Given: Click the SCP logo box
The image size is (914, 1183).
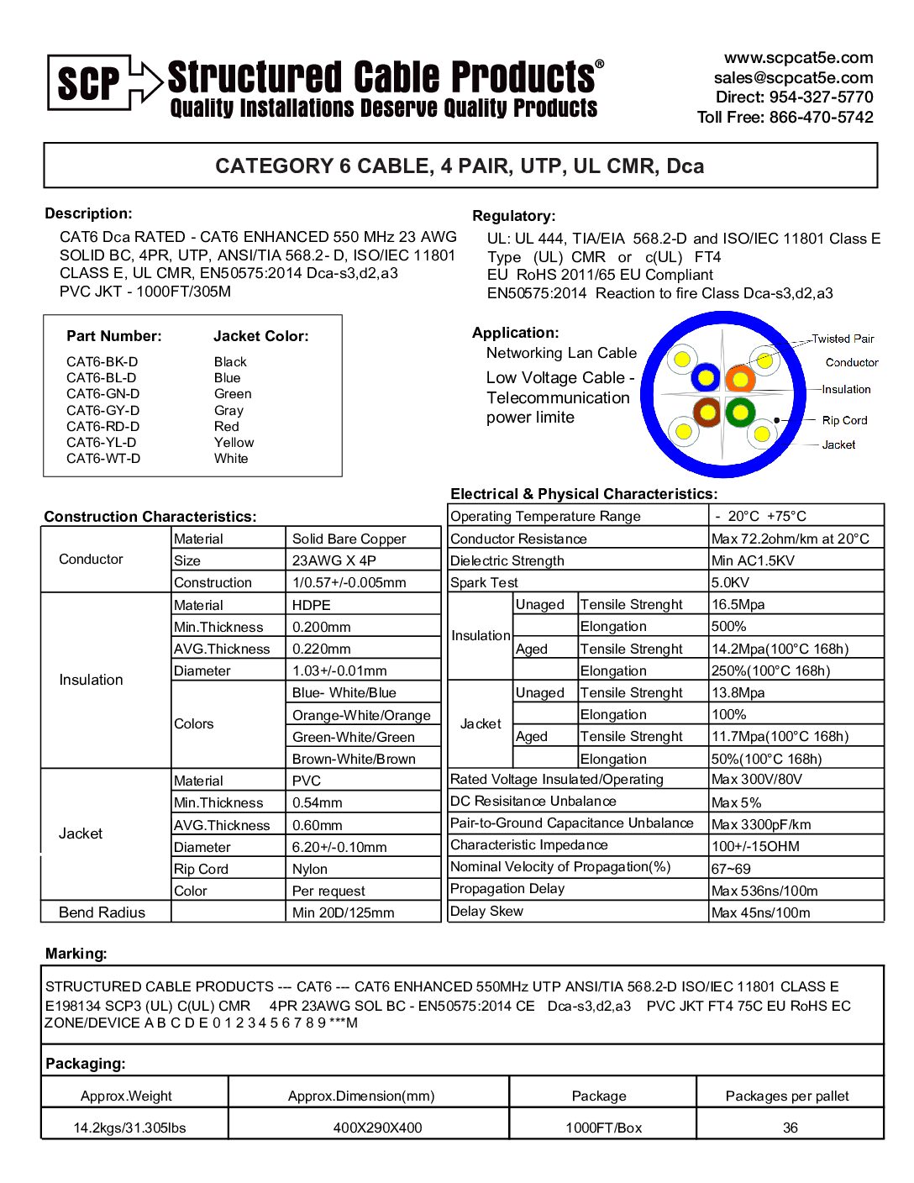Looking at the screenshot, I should [x=89, y=82].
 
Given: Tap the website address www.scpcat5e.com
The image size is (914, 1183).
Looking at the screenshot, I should [x=798, y=58].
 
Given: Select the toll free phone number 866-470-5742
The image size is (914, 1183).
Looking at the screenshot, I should [x=821, y=118].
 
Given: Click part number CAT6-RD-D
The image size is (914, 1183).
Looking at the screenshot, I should [x=103, y=427].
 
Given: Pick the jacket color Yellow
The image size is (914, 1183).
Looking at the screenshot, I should [x=234, y=443].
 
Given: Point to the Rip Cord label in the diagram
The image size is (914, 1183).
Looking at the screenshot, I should [x=844, y=420].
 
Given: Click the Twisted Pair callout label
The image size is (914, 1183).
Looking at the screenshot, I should [x=843, y=339].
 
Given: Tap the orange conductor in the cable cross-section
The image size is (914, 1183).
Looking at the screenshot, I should [x=740, y=380].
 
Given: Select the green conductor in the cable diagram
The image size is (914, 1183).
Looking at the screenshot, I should [x=740, y=412].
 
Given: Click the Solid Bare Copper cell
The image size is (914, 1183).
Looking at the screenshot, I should [x=349, y=539].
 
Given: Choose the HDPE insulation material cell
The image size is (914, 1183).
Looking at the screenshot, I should [x=312, y=605].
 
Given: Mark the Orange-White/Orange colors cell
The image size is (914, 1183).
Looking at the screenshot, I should [x=361, y=715].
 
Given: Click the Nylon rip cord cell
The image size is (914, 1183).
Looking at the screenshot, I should [x=310, y=869].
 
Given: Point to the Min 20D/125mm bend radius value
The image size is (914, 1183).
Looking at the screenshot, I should [x=343, y=912].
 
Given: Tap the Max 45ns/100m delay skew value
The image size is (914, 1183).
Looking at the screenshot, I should [x=760, y=912].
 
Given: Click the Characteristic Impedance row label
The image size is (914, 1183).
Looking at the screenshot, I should [x=528, y=845].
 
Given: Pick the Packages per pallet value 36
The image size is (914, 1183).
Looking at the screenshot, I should [x=790, y=1128].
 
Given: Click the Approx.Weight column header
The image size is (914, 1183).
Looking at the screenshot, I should [x=126, y=1096].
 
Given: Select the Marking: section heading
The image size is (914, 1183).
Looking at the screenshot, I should [x=76, y=954].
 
